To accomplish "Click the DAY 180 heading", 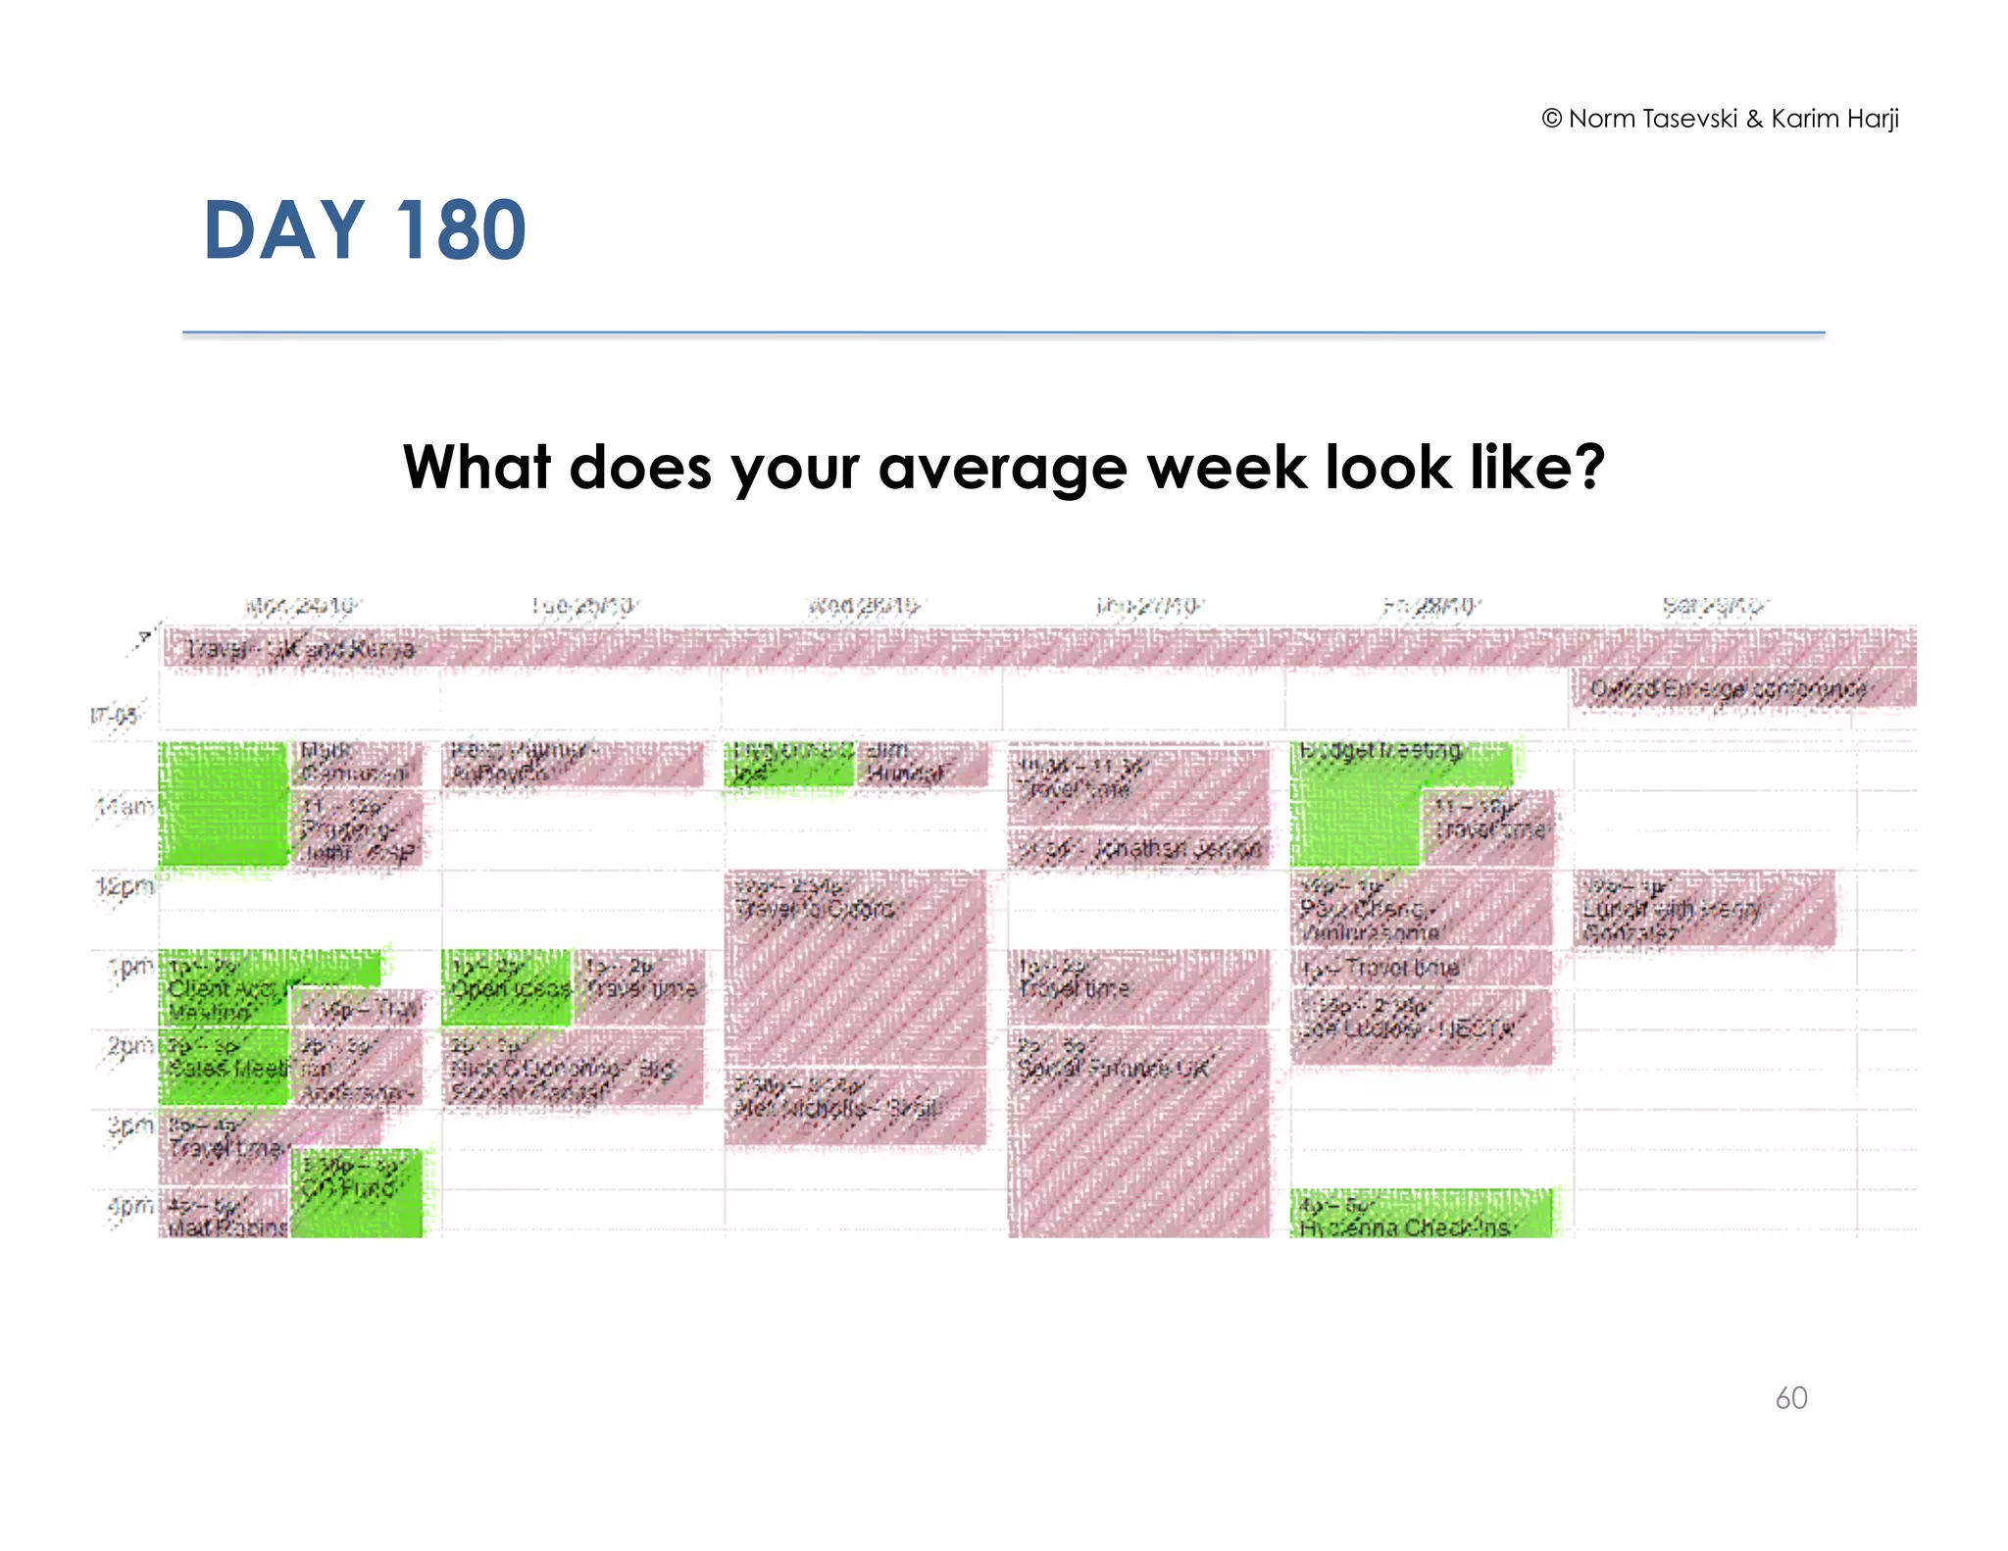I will (x=365, y=230).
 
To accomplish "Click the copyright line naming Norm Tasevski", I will (x=1720, y=119).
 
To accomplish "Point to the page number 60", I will (x=1790, y=1398).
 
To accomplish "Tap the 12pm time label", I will (x=125, y=887).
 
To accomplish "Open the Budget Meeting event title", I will (x=1380, y=752).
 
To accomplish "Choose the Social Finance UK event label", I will (x=1114, y=1068).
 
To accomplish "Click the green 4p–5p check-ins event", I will (x=1421, y=1216).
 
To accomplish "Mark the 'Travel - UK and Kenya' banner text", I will (x=302, y=649).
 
